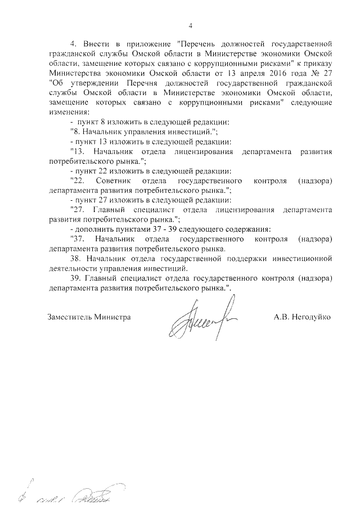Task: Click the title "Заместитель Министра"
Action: (x=90, y=317)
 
